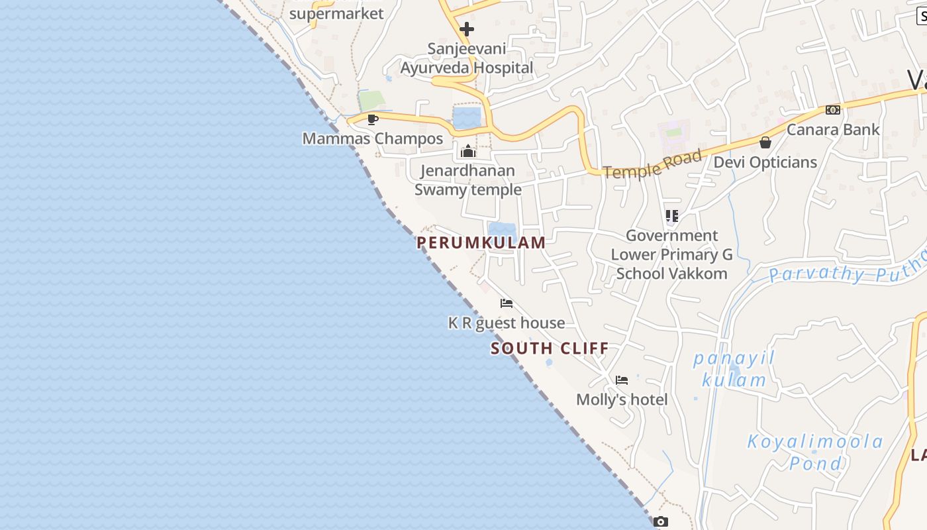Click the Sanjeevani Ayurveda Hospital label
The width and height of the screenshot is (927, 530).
click(x=466, y=58)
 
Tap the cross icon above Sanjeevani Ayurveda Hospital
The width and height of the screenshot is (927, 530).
click(x=467, y=29)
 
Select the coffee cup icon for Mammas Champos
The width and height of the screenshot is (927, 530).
click(x=373, y=119)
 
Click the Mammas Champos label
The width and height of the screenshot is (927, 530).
click(x=373, y=138)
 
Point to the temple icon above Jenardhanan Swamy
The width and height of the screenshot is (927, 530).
click(x=468, y=151)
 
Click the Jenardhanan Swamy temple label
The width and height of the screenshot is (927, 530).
click(x=468, y=180)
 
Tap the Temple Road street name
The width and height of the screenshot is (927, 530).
click(x=653, y=164)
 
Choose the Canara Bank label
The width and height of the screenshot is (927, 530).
click(x=833, y=129)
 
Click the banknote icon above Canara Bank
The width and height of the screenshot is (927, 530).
click(x=832, y=110)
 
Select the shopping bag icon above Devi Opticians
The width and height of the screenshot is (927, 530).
click(x=765, y=142)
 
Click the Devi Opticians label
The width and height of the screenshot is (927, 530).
click(x=765, y=162)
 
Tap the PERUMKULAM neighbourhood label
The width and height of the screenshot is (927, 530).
click(x=481, y=242)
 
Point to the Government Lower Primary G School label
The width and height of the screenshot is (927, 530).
click(x=671, y=254)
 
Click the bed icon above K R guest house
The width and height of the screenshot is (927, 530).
click(x=507, y=303)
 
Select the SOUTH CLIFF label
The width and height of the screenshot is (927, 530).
click(x=550, y=348)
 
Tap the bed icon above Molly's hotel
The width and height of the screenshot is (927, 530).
click(x=621, y=380)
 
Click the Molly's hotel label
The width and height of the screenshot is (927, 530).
click(x=622, y=399)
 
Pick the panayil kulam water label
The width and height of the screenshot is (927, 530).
click(x=734, y=369)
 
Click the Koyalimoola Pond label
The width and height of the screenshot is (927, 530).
click(x=815, y=452)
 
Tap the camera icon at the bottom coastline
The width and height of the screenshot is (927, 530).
click(x=660, y=522)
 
